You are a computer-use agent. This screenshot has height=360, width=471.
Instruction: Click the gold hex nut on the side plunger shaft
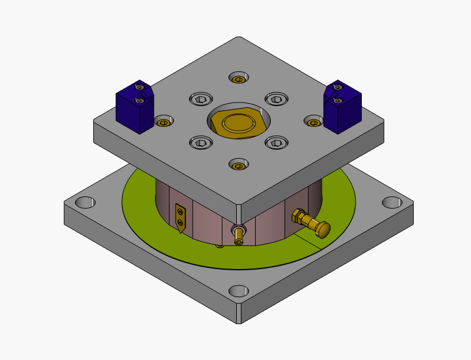click(299, 216)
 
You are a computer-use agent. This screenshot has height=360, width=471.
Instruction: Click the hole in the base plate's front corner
click(239, 291)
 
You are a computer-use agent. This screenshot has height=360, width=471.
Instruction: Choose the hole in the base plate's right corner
click(390, 202)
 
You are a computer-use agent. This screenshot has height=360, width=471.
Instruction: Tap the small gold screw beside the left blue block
click(163, 123)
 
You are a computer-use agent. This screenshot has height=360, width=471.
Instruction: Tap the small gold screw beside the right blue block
click(314, 123)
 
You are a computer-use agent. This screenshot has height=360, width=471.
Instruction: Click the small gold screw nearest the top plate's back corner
click(239, 79)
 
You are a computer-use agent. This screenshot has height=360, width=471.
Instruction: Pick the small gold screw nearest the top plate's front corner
click(239, 165)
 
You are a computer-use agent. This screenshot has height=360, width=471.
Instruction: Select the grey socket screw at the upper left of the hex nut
click(201, 99)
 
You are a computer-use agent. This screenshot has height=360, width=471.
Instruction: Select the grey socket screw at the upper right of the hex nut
click(275, 99)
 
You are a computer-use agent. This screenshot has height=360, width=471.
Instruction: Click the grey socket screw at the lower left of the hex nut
click(201, 142)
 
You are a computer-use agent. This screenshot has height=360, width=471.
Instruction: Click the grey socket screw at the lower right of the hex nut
click(275, 142)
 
